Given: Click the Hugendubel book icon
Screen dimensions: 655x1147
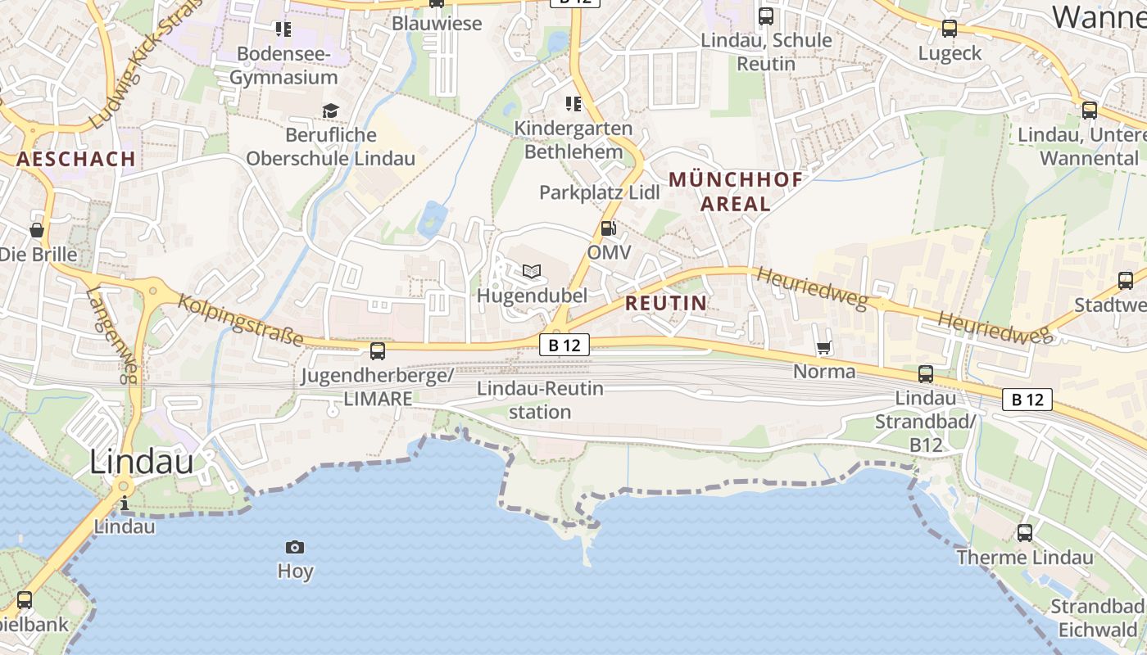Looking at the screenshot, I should pos(532,271).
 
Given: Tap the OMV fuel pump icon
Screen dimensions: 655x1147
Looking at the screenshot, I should pos(608,228).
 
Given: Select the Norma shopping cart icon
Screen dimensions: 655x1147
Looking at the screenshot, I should pos(824,348).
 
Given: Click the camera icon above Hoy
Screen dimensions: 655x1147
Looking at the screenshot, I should pos(295,547).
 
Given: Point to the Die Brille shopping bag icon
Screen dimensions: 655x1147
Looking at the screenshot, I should pos(37,230).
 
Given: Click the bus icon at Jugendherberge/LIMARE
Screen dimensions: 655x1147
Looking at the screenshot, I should pos(378,351).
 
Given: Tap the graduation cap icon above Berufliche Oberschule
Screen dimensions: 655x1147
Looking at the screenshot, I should pos(330,111).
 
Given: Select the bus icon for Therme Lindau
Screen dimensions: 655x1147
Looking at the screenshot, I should pos(1025,533).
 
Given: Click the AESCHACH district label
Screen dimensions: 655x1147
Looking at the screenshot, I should pos(76,159).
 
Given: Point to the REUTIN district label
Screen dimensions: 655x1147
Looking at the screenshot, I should pos(665,303).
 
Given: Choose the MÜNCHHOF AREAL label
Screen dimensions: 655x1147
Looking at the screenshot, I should pos(736,192).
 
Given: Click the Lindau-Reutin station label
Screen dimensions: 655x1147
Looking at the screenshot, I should pos(540,400).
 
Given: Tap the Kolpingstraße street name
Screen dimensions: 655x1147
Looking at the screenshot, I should pos(241,320).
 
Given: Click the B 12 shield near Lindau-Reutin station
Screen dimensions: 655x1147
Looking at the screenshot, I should pos(564,345).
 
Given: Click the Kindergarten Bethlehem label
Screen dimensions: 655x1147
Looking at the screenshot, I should pos(573,140).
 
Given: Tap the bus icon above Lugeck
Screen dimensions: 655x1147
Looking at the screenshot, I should pos(950,29).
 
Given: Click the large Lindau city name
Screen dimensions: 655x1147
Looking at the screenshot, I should pos(141,462).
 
